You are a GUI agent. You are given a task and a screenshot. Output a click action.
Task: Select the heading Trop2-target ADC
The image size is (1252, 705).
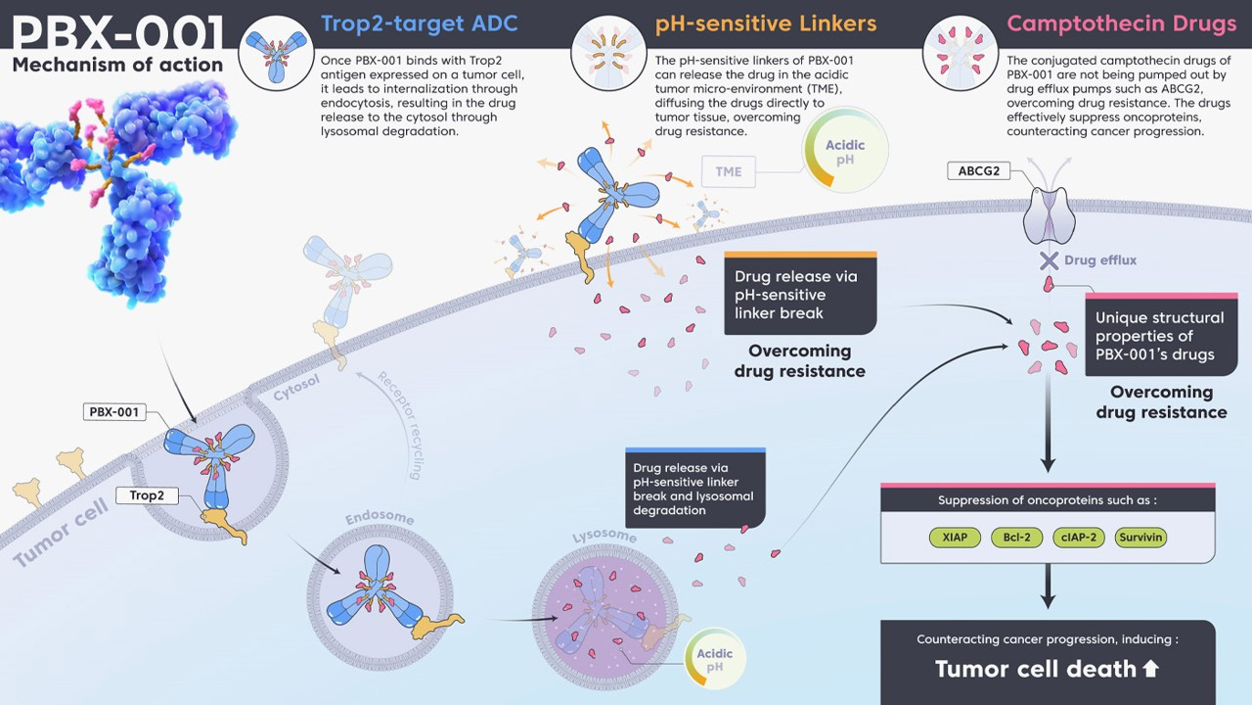(x=421, y=23)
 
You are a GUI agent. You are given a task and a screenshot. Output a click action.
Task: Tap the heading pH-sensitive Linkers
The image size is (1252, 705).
(x=766, y=23)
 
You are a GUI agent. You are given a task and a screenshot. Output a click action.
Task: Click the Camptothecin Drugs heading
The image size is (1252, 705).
(x=1121, y=23)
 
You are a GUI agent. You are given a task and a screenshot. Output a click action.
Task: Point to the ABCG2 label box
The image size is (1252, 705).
(x=978, y=171)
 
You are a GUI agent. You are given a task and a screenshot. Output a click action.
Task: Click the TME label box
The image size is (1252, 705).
(x=728, y=171)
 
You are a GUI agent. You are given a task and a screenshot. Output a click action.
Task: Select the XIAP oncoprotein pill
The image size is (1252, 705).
(x=954, y=538)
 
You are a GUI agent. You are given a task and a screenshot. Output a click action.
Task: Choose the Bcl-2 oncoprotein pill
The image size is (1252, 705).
(x=1016, y=538)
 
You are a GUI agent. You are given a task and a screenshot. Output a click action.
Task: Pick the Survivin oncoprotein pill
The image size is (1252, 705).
(x=1140, y=538)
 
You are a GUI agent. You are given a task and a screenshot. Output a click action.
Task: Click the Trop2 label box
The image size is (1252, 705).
(x=147, y=495)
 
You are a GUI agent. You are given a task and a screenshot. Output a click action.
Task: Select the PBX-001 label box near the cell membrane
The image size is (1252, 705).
(x=114, y=412)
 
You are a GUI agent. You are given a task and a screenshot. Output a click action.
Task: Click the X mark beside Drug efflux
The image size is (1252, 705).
(x=1049, y=260)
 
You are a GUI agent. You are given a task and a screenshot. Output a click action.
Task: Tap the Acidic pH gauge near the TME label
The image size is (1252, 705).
(x=845, y=152)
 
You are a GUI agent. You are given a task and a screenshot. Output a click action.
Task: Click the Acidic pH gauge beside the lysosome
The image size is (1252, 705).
(x=715, y=660)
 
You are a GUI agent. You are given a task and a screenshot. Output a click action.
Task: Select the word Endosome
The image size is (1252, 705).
(x=380, y=518)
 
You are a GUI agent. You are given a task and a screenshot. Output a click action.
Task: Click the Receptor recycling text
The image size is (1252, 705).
(x=400, y=425)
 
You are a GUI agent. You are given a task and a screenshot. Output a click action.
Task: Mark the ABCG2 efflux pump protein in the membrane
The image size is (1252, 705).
(x=1049, y=215)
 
